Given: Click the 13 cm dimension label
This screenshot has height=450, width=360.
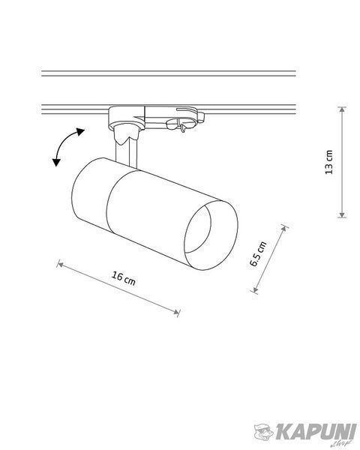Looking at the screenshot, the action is (x=329, y=162).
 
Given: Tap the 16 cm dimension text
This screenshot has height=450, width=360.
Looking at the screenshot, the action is (x=124, y=278).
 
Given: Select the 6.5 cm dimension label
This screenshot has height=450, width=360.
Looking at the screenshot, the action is (x=258, y=254).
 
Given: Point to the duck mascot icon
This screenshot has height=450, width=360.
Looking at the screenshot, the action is (x=264, y=431).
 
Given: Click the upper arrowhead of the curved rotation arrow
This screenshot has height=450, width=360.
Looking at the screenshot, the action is (x=80, y=132).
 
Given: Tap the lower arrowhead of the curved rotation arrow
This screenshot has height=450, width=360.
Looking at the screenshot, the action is (x=56, y=163).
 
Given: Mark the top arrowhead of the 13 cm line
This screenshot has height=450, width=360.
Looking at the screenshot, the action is (x=342, y=109).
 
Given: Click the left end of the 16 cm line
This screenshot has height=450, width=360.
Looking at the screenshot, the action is (x=59, y=264).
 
